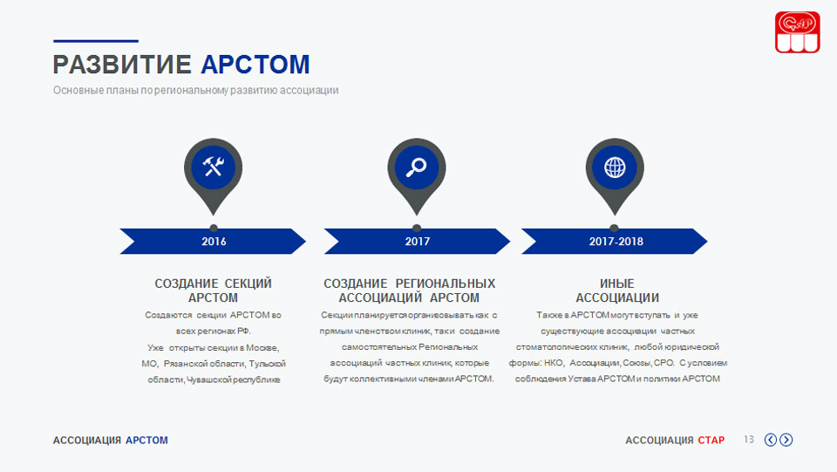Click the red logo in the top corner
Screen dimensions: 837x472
798,32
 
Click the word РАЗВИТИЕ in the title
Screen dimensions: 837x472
122,65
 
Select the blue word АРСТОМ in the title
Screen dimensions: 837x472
255,65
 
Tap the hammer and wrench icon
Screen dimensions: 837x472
213,168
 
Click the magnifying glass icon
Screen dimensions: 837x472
417,168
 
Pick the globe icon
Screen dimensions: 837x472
615,168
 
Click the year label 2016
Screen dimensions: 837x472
214,242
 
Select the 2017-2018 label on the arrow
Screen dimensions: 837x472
616,242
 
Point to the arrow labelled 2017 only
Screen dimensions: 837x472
417,242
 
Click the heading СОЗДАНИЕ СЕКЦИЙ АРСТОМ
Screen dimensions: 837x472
213,291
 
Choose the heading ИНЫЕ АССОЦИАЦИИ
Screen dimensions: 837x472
617,291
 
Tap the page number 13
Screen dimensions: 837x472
749,440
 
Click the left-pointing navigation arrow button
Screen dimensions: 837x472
770,440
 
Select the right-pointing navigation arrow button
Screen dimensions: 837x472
786,440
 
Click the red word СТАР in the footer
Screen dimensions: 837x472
711,441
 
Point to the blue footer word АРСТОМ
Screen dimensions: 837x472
146,441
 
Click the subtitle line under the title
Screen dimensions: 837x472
195,90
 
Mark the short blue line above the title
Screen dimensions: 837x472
96,41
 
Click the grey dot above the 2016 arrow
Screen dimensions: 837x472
214,228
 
